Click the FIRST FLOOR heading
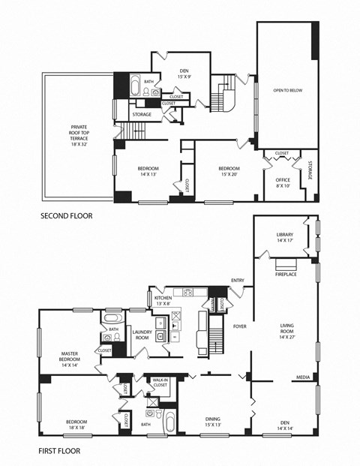[x=59, y=451]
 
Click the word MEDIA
[x=303, y=377]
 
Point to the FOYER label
[x=239, y=326]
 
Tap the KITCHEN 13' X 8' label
[x=164, y=300]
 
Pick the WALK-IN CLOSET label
[x=160, y=383]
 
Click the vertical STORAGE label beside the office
[x=309, y=171]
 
